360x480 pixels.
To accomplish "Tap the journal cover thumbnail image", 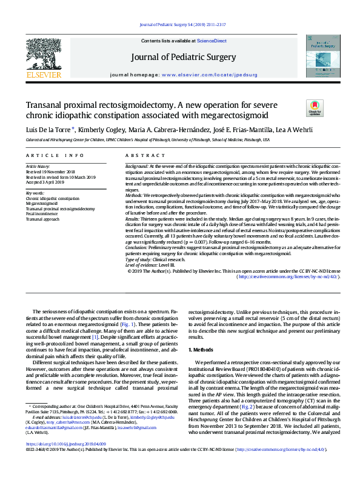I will tap(322, 58).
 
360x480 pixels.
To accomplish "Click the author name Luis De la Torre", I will tap(49, 129).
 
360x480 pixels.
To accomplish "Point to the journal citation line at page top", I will tap(182, 24).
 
